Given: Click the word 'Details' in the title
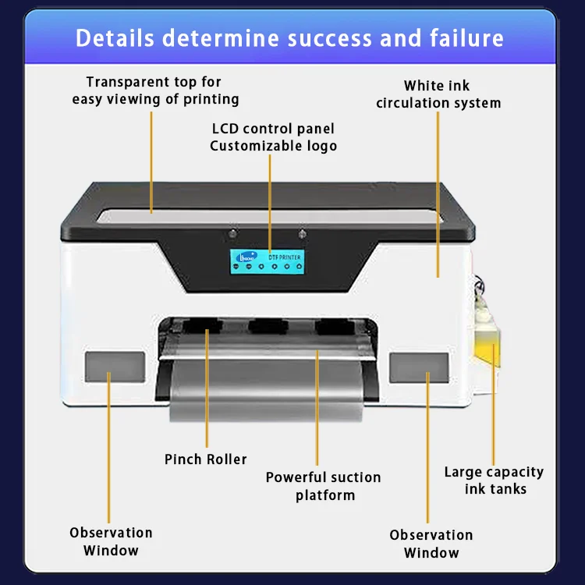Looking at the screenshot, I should tap(115, 38).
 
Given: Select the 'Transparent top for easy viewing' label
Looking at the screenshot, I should tap(155, 90).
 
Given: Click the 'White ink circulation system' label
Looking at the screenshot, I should tap(438, 94).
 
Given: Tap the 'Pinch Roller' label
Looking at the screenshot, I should tap(205, 459).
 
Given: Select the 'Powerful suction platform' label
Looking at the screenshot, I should tap(323, 486).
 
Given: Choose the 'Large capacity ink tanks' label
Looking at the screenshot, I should tap(494, 480).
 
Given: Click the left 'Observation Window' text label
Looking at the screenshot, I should tap(111, 541).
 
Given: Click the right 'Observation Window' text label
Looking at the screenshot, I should tap(431, 544).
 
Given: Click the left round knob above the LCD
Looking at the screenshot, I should tap(233, 232).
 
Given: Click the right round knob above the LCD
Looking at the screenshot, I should tap(303, 232).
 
